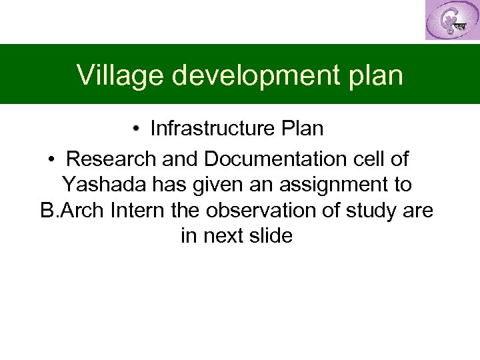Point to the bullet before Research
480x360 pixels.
(52, 160)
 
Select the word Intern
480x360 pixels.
(138, 211)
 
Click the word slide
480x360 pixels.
(273, 236)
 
